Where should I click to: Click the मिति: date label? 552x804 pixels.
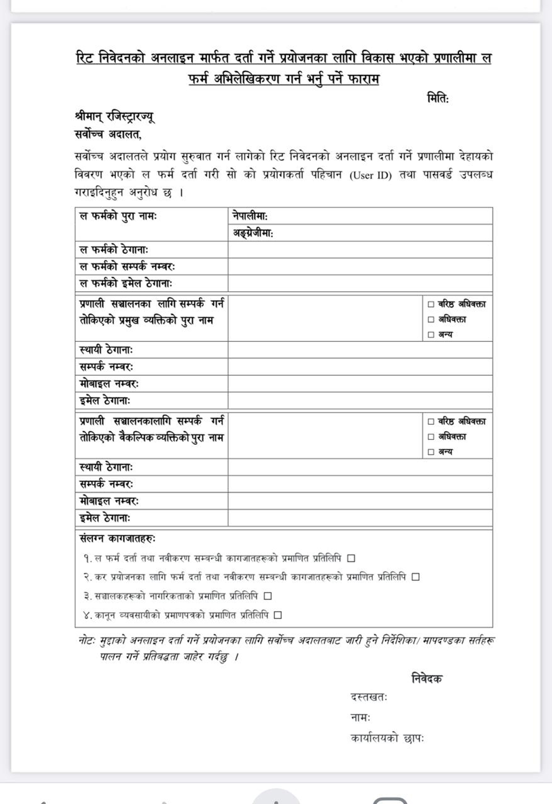(438, 98)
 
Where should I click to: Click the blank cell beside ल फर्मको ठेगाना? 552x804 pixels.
(360, 250)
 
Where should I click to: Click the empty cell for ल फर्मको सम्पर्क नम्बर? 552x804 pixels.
(360, 267)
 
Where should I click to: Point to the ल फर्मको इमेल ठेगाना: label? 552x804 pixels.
(126, 283)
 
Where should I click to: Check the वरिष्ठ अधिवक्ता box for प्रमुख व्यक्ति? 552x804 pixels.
(431, 304)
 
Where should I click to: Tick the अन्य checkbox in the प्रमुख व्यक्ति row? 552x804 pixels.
(431, 334)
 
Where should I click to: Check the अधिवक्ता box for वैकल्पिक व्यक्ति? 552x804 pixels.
(431, 437)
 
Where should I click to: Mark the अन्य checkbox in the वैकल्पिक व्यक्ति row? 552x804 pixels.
(431, 452)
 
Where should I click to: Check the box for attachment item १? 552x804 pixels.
(351, 558)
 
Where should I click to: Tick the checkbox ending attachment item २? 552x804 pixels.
(415, 577)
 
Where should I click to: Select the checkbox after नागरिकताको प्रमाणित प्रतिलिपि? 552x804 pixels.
(268, 596)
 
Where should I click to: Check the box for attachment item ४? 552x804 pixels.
(277, 615)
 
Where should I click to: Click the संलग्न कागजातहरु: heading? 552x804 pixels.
(117, 538)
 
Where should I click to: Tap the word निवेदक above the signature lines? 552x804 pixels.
(426, 678)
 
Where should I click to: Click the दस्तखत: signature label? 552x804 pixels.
(368, 697)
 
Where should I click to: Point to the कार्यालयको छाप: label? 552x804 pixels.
(387, 738)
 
